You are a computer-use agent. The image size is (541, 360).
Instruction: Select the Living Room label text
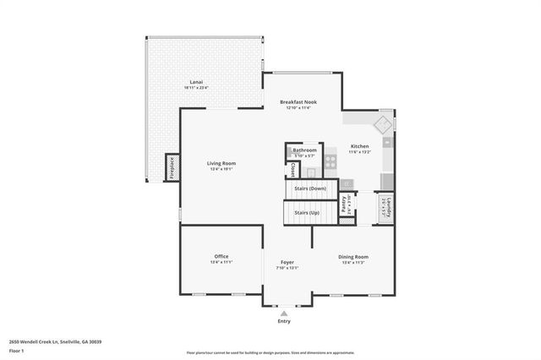[x=221, y=163]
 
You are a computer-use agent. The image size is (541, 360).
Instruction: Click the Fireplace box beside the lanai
[x=170, y=167]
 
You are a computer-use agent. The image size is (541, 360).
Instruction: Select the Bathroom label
[x=304, y=150]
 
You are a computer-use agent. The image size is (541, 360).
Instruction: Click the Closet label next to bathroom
[x=292, y=169]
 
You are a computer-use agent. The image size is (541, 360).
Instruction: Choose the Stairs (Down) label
[x=310, y=188]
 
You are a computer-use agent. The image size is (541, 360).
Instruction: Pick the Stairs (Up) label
[x=306, y=214]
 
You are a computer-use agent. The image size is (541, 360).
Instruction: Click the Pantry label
[x=344, y=204]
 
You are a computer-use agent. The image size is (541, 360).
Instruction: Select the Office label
[x=221, y=256]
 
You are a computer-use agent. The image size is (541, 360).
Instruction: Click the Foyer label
[x=287, y=263]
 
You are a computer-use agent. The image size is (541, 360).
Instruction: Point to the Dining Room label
[x=353, y=256]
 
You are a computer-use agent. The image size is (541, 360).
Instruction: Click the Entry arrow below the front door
[x=283, y=312]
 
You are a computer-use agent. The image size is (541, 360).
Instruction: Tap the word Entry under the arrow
[x=283, y=321]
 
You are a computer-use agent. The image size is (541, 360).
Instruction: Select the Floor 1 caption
[x=16, y=350]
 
